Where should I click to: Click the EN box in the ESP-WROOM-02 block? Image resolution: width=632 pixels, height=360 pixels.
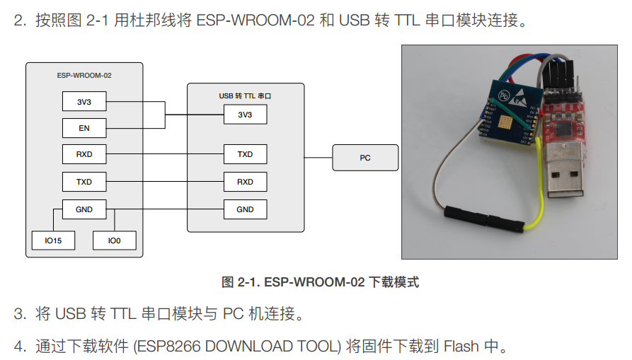pos(84,128)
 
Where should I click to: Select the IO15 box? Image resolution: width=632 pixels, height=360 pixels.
pos(53,240)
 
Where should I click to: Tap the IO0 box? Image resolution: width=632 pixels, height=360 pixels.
pos(114,240)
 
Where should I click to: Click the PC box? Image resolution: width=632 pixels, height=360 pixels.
pos(364,158)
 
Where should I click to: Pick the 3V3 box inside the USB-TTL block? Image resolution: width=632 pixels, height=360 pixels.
pos(245,115)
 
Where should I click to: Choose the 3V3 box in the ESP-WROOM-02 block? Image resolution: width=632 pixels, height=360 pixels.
pos(84,102)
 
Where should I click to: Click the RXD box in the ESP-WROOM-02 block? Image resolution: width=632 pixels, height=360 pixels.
pos(84,153)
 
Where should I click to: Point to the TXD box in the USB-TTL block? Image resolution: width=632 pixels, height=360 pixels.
pos(245,153)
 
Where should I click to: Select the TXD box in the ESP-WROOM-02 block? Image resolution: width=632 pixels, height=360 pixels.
pos(84,182)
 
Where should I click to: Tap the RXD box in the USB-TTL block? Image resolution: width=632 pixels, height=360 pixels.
pos(245,182)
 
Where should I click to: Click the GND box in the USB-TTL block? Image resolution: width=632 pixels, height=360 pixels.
pos(245,209)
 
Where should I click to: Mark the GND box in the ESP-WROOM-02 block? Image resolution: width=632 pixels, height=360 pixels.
pos(84,209)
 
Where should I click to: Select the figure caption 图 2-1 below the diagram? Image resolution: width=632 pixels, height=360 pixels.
pos(320,282)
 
